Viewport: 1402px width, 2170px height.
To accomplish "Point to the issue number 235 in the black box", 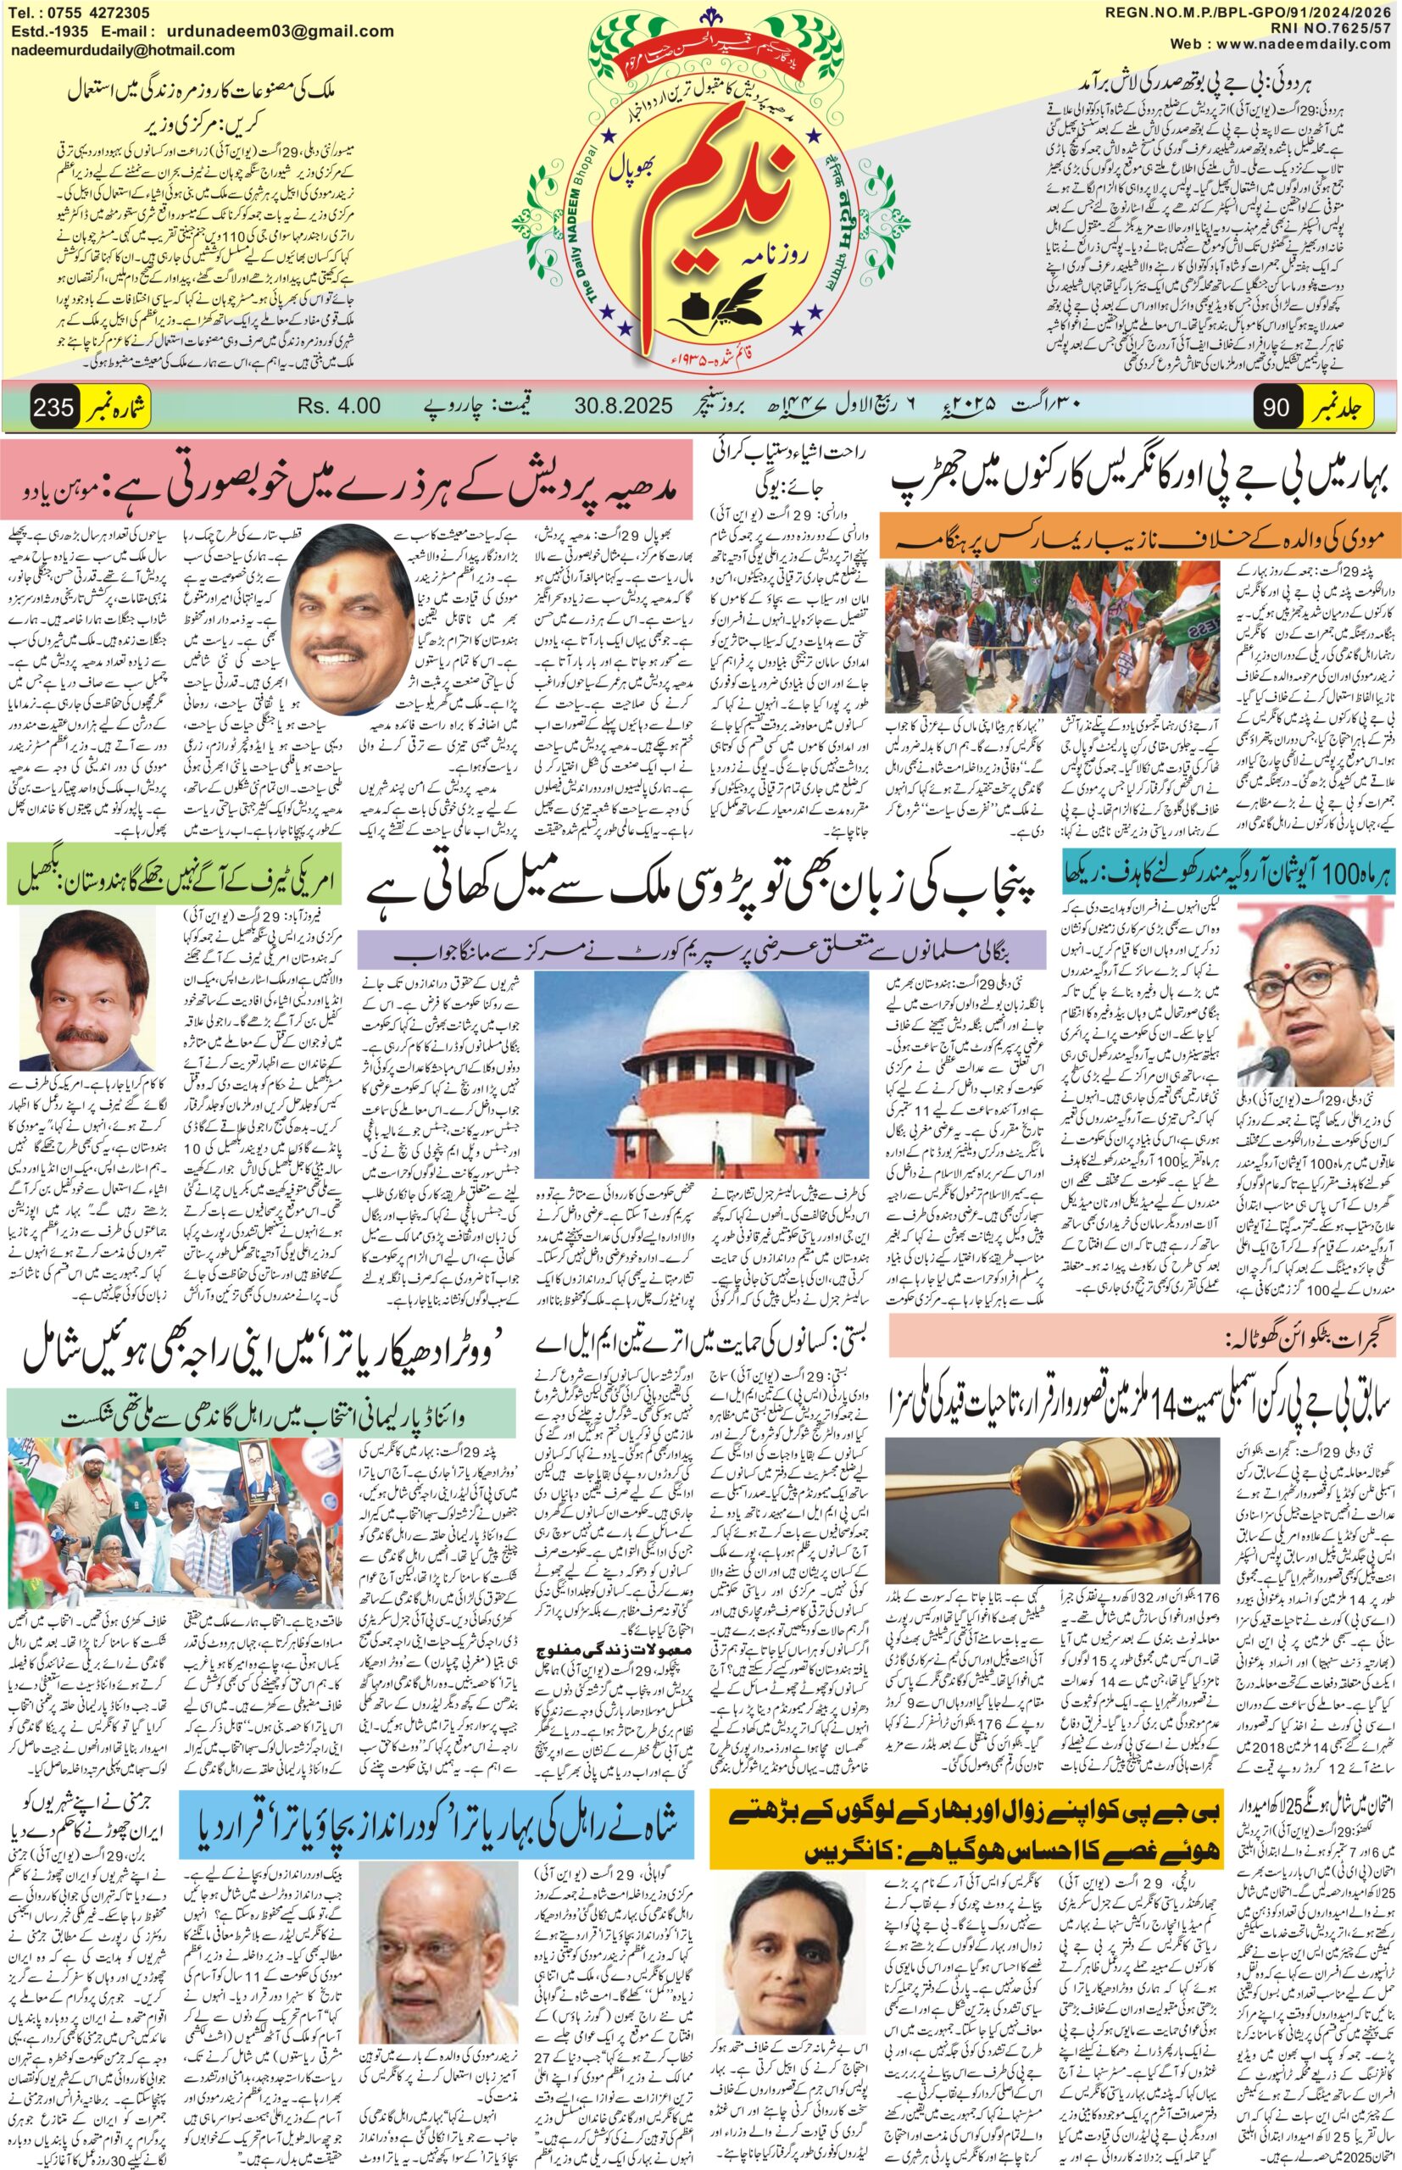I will click(52, 407).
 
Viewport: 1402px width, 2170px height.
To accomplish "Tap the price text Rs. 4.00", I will click(340, 405).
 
